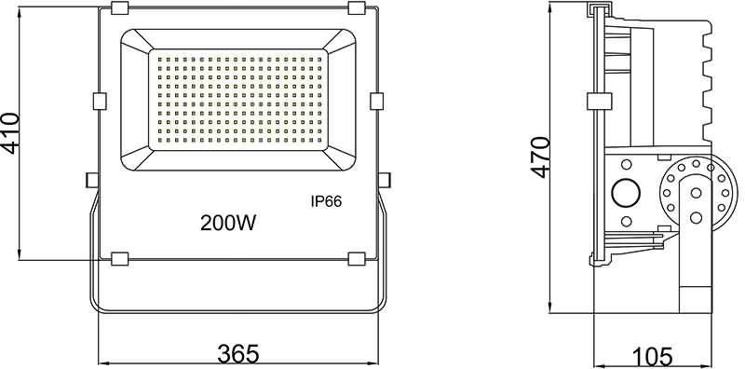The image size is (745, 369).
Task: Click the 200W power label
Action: [x=228, y=223]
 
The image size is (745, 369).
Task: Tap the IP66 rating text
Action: [x=326, y=201]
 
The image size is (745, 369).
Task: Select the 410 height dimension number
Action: [x=10, y=133]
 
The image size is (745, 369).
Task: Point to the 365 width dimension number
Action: [x=238, y=354]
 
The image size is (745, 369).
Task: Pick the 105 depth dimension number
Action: [x=652, y=355]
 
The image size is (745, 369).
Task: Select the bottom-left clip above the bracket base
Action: [x=119, y=258]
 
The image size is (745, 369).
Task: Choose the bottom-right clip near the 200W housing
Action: [x=356, y=258]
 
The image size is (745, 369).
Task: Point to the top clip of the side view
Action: [x=599, y=10]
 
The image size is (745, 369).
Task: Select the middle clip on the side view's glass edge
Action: [x=598, y=102]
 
